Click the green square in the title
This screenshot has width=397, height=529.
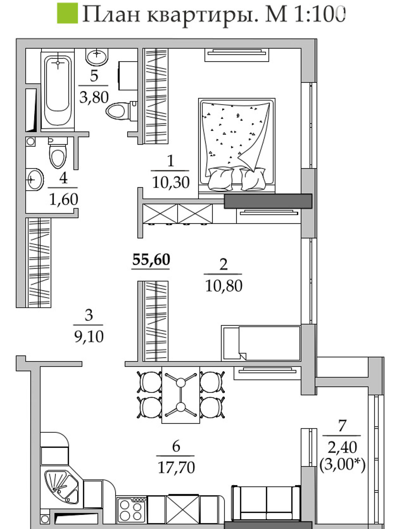pyautogui.click(x=67, y=13)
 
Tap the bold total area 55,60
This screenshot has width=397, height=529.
pyautogui.click(x=151, y=260)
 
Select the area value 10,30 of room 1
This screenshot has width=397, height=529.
pyautogui.click(x=171, y=182)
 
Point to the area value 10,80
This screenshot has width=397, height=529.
pyautogui.click(x=224, y=286)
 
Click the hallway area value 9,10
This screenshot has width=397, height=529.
pyautogui.click(x=89, y=337)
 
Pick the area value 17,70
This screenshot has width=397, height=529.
pyautogui.click(x=176, y=467)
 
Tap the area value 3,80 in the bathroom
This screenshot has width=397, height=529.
pyautogui.click(x=94, y=97)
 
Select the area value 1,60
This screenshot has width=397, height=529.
pyautogui.click(x=64, y=199)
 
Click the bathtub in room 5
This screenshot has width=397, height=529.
pyautogui.click(x=58, y=90)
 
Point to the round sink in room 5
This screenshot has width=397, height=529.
pyautogui.click(x=97, y=57)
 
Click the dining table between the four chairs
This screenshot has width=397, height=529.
pyautogui.click(x=181, y=395)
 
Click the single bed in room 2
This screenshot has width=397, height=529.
pyautogui.click(x=261, y=343)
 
